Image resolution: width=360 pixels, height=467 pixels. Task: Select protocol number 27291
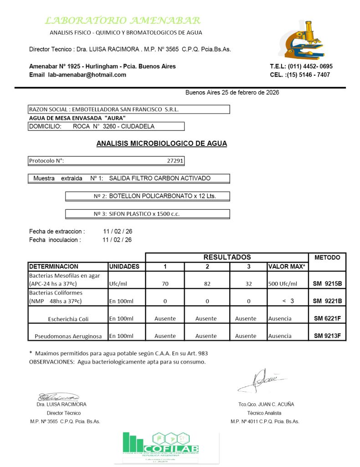[x=175, y=161]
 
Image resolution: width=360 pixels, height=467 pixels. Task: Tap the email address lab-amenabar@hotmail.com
[x=87, y=75]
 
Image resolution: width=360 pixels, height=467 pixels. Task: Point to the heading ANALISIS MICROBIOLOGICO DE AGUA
[x=161, y=144]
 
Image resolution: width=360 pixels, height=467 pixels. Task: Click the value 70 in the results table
[x=165, y=284]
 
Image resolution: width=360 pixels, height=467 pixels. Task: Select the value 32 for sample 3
[x=248, y=284]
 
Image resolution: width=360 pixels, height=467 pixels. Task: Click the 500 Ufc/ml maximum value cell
[x=283, y=284]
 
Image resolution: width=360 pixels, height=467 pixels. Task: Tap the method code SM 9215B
[x=327, y=284]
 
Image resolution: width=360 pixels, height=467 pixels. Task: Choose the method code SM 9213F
[x=327, y=336]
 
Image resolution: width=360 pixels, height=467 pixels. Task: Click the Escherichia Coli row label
[x=68, y=319]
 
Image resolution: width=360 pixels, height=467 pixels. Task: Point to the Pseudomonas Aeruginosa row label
[x=68, y=336]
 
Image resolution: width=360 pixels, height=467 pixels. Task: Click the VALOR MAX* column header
[x=287, y=266]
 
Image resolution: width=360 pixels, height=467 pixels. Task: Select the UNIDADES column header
[x=124, y=266]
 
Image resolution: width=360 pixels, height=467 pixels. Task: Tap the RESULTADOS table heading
[x=227, y=257]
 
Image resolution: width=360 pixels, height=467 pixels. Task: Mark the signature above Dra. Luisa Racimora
[x=58, y=397]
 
